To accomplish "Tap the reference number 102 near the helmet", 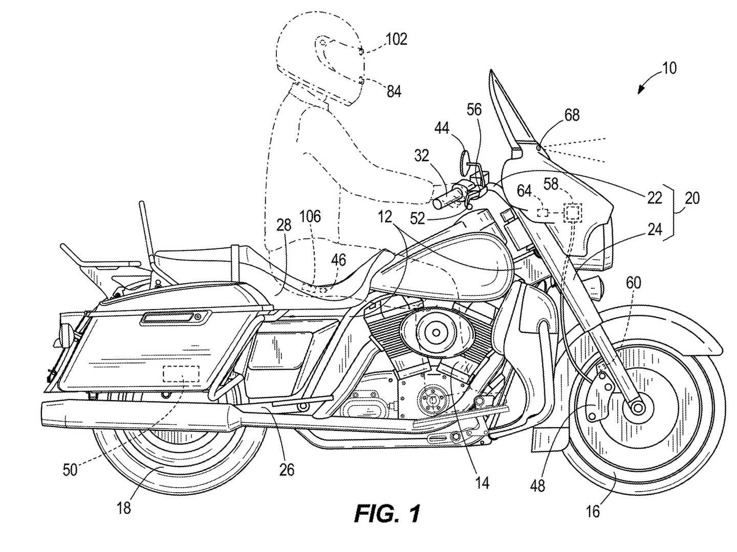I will click(396, 39).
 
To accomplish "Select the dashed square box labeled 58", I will click(573, 212).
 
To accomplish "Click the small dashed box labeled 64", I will click(543, 212).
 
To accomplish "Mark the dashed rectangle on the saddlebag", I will click(181, 374).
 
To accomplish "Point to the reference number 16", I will click(593, 511).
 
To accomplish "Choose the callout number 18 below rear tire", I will click(124, 508).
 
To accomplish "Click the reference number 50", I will click(70, 469).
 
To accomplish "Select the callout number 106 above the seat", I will click(310, 216).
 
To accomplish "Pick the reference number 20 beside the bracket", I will click(691, 198).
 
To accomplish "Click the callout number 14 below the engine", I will click(482, 482).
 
